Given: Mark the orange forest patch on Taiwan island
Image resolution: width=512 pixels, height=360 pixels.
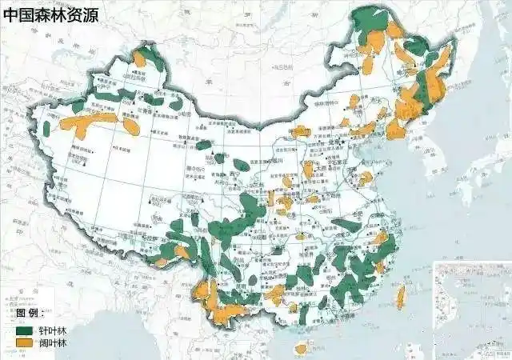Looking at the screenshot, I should click(402, 298).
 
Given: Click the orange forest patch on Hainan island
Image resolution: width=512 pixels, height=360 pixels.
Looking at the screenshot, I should click(301, 348).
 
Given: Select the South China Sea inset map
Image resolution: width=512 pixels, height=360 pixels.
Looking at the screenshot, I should click(472, 308).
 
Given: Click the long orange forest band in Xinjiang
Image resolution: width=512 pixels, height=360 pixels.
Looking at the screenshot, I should click(92, 122).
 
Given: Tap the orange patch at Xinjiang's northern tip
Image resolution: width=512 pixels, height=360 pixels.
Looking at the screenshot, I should click(140, 58).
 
